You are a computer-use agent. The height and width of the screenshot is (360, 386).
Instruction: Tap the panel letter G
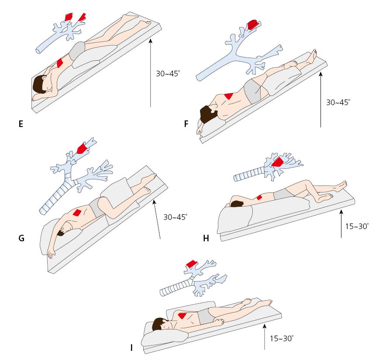[x=21, y=238]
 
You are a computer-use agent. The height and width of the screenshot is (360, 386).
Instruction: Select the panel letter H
[x=206, y=238]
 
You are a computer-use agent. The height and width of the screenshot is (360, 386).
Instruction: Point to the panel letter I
[x=131, y=348]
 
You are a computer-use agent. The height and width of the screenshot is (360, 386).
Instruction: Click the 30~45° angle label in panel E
[x=168, y=74]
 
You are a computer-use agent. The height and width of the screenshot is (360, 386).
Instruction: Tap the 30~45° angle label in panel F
[x=338, y=103]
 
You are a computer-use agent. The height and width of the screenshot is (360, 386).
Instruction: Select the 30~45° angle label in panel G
[x=176, y=217]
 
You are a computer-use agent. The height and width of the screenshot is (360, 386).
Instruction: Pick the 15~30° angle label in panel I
[x=281, y=338]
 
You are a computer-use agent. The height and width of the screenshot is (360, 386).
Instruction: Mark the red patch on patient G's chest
[x=77, y=213]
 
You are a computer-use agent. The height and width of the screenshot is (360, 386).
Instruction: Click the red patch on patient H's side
[x=259, y=197]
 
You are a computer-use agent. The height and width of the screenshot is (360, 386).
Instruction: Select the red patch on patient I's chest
[x=183, y=315]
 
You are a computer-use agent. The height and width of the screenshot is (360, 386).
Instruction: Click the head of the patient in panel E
[x=40, y=83]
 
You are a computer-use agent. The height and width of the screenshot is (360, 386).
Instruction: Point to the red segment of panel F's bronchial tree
[x=252, y=24]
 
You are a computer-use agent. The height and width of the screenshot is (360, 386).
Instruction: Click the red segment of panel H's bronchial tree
[x=277, y=163]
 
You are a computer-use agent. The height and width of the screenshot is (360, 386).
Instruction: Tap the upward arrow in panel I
[x=265, y=336]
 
